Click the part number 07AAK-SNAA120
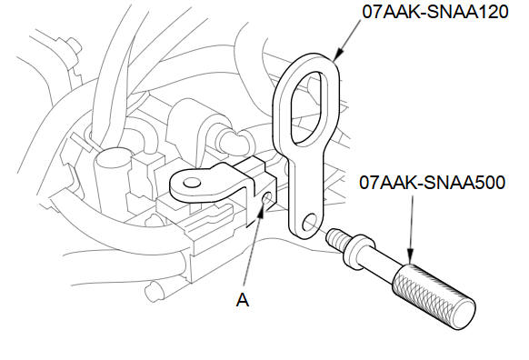pyautogui.click(x=435, y=12)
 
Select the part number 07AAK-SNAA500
pyautogui.click(x=432, y=183)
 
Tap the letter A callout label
pyautogui.click(x=243, y=300)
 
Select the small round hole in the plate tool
pyautogui.click(x=310, y=223)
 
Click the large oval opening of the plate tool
pyautogui.click(x=309, y=108)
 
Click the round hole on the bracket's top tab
pyautogui.click(x=191, y=183)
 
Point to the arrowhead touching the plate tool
pyautogui.click(x=338, y=55)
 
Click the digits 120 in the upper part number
pyautogui.click(x=493, y=12)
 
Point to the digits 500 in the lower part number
pyautogui.click(x=490, y=183)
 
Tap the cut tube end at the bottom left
pyautogui.click(x=153, y=291)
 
